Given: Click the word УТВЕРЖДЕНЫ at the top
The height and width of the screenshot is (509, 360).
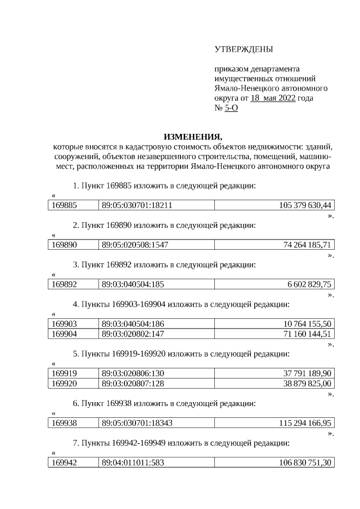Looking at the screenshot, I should [244, 51].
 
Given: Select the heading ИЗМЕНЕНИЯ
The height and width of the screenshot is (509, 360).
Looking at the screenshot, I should [192, 137].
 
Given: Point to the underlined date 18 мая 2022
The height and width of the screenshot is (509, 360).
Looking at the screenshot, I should [273, 98].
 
